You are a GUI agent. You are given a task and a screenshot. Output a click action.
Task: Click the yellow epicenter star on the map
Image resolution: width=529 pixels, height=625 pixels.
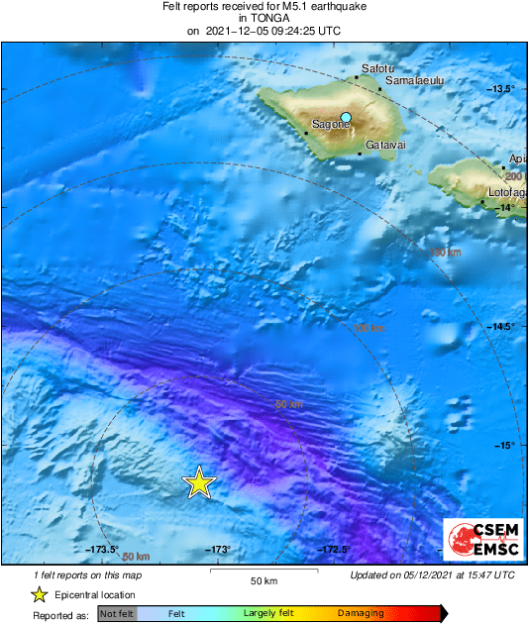(x=199, y=482)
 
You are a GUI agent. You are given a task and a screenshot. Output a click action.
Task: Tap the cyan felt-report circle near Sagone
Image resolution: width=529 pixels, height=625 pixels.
(x=346, y=118)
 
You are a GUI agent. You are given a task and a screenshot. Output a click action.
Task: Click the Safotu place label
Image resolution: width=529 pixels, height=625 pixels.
(x=377, y=67)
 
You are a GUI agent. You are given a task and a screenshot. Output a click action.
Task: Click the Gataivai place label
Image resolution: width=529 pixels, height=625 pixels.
(x=383, y=146)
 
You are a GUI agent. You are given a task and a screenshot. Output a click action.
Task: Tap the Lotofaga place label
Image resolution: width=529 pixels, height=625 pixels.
(x=506, y=192)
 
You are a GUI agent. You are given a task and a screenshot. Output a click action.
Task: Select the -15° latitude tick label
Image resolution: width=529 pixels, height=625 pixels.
(x=504, y=445)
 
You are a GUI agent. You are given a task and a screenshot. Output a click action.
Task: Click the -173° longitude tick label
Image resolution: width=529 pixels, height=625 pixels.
(x=218, y=550)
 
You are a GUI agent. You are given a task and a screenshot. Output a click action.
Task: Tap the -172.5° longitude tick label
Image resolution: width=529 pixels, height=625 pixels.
(x=333, y=550)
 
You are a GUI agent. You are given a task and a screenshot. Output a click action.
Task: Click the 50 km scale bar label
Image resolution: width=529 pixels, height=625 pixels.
(x=263, y=579)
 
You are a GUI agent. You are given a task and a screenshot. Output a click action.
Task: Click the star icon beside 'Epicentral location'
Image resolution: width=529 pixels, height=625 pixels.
(x=39, y=594)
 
